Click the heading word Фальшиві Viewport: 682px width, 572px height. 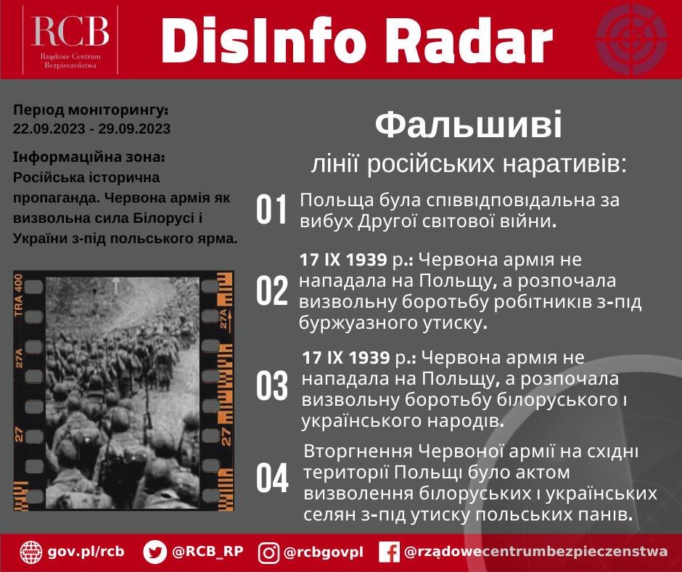[468, 127]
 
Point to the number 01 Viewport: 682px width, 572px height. [272, 210]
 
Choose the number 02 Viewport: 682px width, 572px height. [272, 291]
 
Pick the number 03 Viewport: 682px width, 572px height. [272, 387]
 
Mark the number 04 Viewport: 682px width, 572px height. [272, 478]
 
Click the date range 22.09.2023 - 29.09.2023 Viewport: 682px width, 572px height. [91, 129]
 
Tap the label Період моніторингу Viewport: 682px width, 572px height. [90, 111]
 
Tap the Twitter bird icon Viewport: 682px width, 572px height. [155, 552]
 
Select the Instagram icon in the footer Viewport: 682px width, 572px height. [268, 552]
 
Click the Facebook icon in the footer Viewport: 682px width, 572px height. [390, 552]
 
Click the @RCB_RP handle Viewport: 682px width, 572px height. [208, 552]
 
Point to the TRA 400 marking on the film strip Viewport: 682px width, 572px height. [20, 295]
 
